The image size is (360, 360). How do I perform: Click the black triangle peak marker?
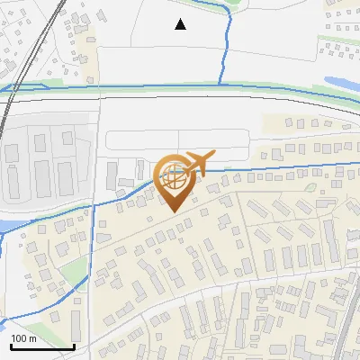tap(181, 24)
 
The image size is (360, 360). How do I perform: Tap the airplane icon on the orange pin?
tap(198, 162)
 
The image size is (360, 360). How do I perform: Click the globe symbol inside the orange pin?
tap(173, 177)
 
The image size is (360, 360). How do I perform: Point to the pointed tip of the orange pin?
tap(173, 211)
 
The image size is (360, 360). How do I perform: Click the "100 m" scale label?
tap(23, 338)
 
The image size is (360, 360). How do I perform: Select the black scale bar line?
tap(40, 346)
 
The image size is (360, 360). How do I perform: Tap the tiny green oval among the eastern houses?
tap(310, 188)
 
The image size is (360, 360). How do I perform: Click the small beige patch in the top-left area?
tap(88, 40)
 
